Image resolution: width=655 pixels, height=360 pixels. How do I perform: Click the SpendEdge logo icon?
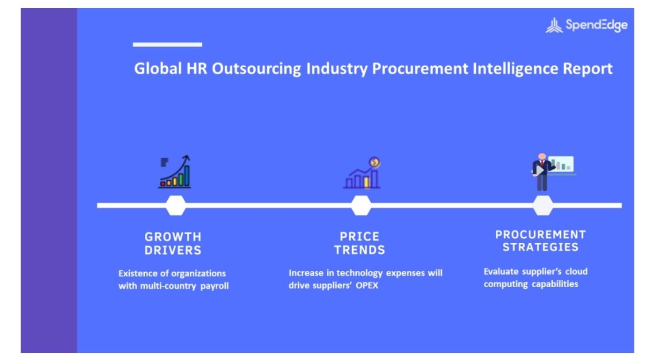point(554,25)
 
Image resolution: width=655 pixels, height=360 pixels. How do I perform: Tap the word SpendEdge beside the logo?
point(596,25)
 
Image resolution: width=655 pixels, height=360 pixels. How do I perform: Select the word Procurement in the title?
point(420,68)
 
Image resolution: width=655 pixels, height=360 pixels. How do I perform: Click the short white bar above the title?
point(168,44)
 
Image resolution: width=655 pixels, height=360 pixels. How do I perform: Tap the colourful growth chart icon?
point(175,172)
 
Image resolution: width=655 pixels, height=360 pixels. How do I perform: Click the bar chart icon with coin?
point(362,173)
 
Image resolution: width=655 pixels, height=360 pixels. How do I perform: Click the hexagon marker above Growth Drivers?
point(176,206)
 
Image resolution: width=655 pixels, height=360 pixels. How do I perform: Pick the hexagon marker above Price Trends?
point(361,206)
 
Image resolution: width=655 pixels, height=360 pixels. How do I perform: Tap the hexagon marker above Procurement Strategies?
point(543,206)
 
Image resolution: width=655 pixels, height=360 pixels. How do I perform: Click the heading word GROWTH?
point(173,237)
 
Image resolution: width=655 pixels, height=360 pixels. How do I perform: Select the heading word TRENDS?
point(359,250)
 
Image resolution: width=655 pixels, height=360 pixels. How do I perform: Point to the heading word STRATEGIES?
point(541,247)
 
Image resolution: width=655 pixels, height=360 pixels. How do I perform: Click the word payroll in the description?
point(214,286)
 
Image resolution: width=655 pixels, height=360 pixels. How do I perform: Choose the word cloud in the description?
point(576,272)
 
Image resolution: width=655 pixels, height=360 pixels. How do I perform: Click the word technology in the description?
point(360,273)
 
